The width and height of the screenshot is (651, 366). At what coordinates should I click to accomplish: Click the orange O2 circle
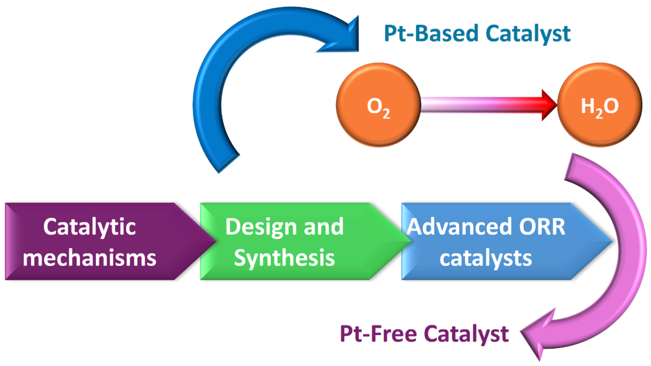(x=378, y=105)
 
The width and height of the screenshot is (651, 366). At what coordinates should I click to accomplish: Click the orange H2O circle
(x=599, y=105)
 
